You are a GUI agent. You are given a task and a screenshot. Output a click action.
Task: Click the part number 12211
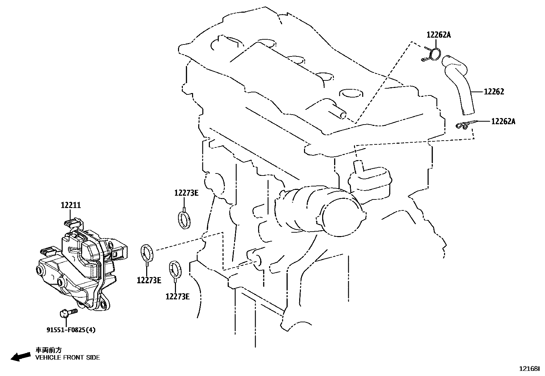pyautogui.click(x=71, y=205)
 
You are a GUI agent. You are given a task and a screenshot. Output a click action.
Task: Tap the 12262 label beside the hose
pyautogui.click(x=494, y=92)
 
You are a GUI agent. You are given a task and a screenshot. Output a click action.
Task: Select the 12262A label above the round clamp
pyautogui.click(x=439, y=35)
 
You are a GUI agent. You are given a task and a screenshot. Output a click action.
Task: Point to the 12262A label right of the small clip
pyautogui.click(x=503, y=121)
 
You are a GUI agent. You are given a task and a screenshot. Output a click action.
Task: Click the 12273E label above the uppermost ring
pyautogui.click(x=186, y=193)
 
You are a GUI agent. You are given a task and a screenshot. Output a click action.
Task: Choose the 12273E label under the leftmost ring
pyautogui.click(x=149, y=281)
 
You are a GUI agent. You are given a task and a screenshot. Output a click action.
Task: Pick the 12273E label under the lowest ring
pyautogui.click(x=178, y=297)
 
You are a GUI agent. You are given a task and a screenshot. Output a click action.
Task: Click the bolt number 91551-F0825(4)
pyautogui.click(x=71, y=330)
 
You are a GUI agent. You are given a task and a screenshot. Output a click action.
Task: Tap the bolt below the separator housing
pyautogui.click(x=68, y=313)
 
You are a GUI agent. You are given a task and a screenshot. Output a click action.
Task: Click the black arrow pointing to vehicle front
pyautogui.click(x=21, y=357)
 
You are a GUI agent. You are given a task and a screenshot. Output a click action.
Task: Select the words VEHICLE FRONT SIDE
pyautogui.click(x=68, y=358)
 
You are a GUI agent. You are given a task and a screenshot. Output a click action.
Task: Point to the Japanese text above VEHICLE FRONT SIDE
pyautogui.click(x=49, y=350)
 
